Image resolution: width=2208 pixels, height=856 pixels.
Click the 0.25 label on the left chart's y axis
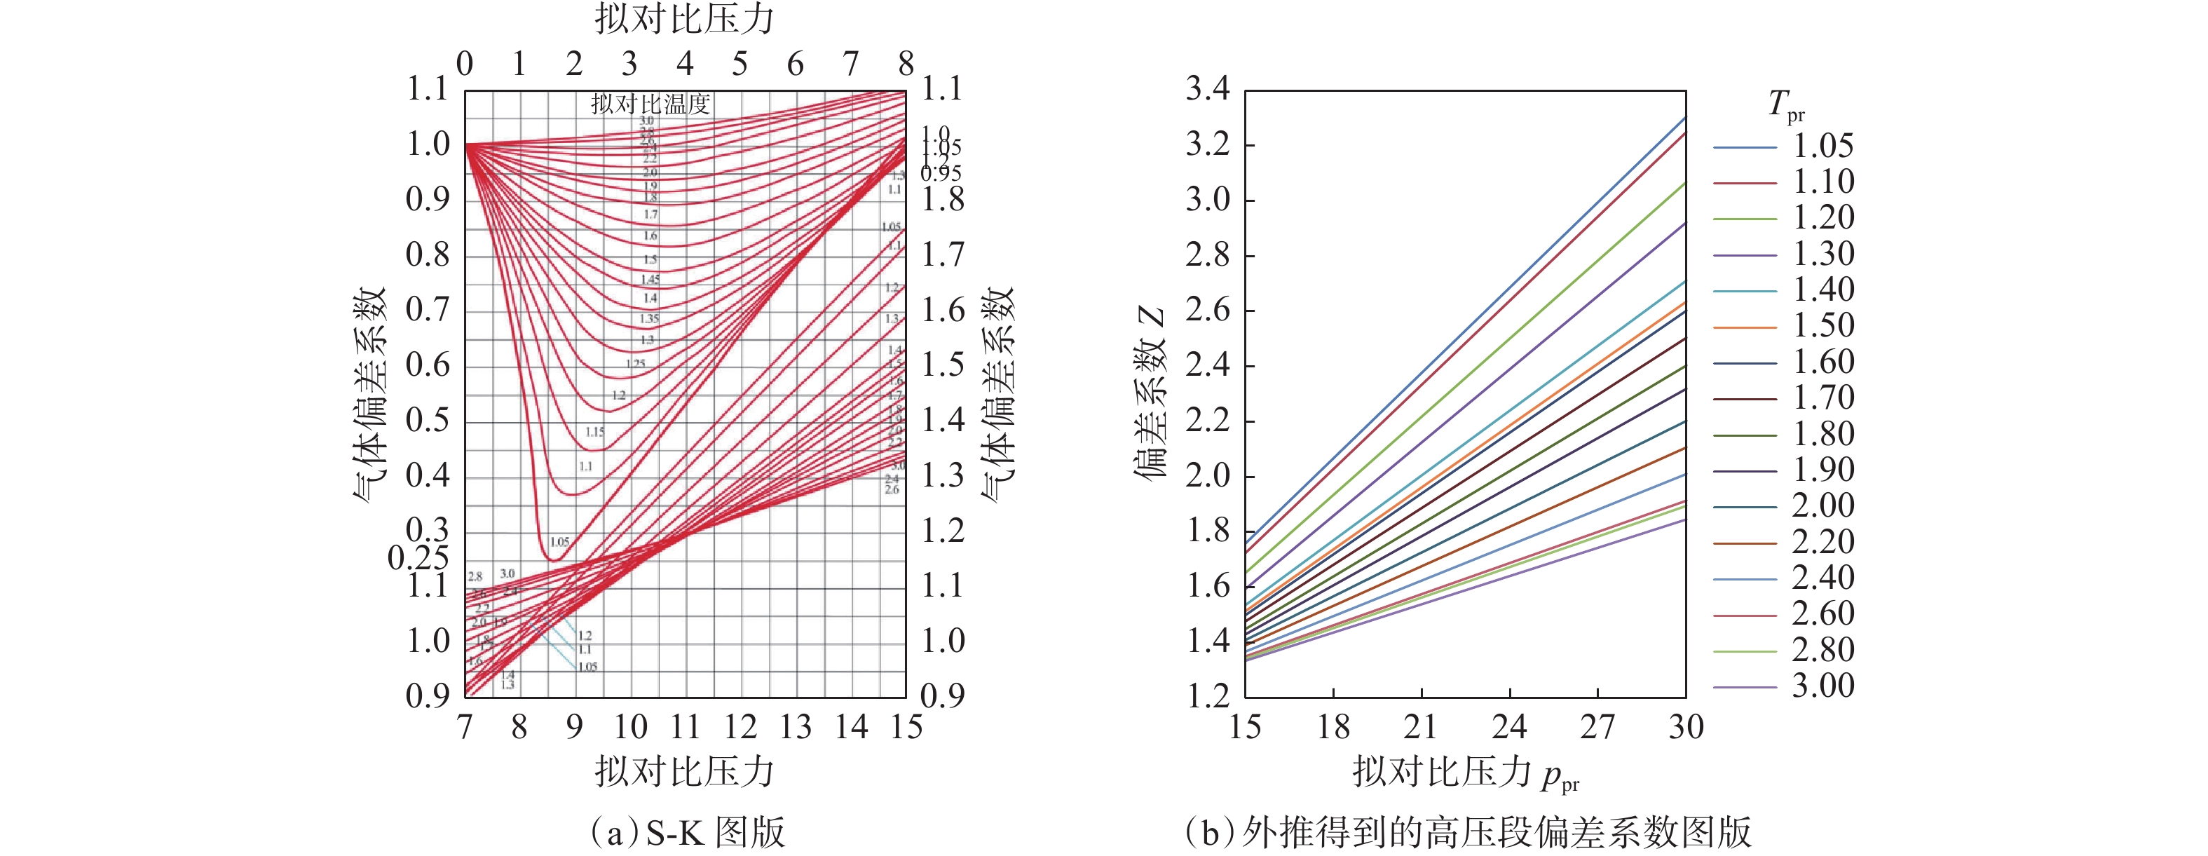(x=418, y=559)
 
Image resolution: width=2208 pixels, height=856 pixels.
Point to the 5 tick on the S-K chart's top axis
(x=740, y=63)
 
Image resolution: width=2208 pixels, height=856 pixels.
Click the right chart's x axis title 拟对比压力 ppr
(x=1465, y=773)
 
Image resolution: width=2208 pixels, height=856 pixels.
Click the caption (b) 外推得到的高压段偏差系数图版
(x=1467, y=832)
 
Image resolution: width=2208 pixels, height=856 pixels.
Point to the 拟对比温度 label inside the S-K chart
(x=650, y=104)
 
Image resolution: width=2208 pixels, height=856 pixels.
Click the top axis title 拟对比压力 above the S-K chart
(x=685, y=19)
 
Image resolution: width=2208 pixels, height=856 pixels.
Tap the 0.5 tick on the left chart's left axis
(x=427, y=421)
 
